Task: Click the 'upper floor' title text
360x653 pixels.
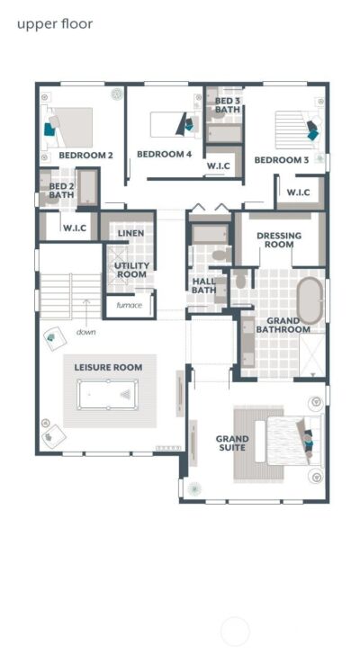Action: click(x=55, y=24)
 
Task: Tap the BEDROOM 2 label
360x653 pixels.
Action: click(x=85, y=156)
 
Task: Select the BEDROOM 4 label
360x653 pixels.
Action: click(x=164, y=154)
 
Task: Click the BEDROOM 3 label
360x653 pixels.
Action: click(x=281, y=160)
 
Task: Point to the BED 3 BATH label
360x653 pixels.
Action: click(x=227, y=105)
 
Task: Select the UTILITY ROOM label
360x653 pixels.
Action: click(x=131, y=271)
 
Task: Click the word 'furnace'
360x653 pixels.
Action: click(x=128, y=305)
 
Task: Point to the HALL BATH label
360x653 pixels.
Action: click(x=204, y=285)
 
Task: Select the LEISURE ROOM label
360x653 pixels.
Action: click(x=108, y=367)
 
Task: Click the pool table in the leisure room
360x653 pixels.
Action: click(x=106, y=393)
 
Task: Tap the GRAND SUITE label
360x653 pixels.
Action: click(x=232, y=443)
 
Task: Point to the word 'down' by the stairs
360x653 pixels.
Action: click(x=86, y=332)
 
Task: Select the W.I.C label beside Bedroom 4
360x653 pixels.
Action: click(x=220, y=165)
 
